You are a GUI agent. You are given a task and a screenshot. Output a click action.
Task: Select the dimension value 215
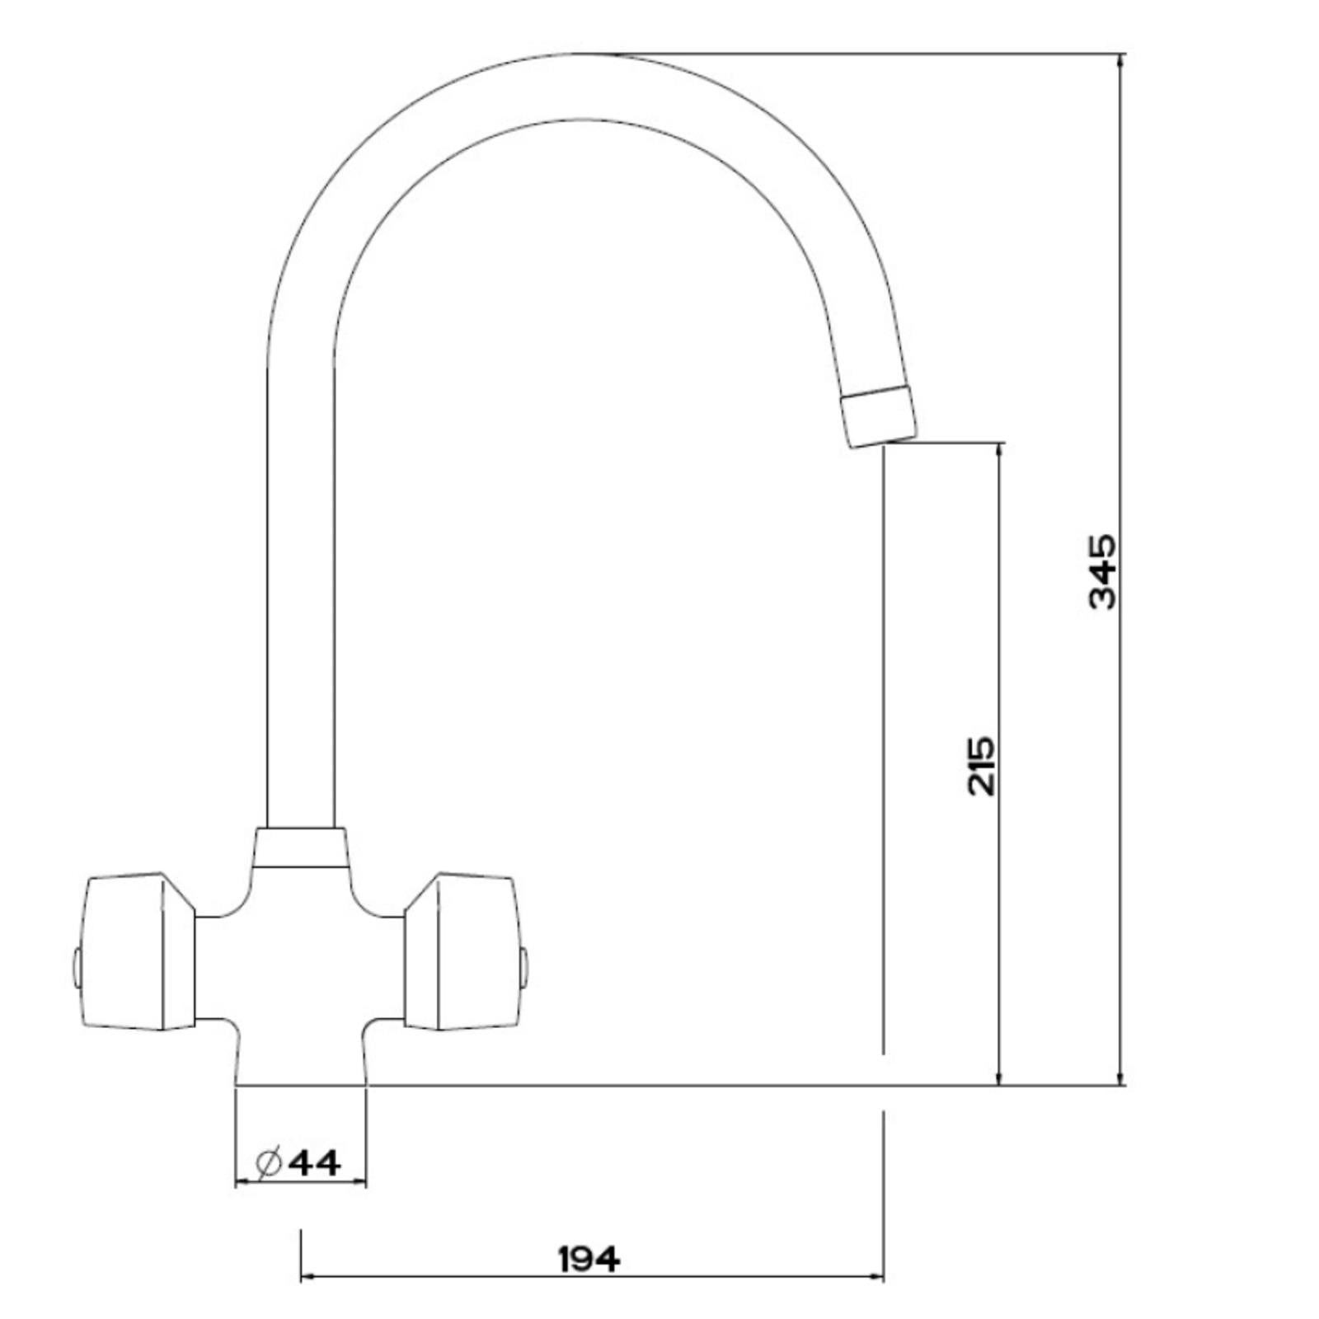click(981, 766)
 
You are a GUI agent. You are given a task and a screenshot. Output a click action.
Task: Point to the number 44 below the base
click(317, 1162)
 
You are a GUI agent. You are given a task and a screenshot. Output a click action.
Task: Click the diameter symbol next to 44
click(270, 1163)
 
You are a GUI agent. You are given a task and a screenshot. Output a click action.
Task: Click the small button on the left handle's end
click(77, 969)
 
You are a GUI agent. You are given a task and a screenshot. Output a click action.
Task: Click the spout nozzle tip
click(879, 416)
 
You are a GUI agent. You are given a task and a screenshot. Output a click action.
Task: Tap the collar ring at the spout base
click(300, 847)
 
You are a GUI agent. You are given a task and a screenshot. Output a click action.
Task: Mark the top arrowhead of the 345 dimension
click(1120, 59)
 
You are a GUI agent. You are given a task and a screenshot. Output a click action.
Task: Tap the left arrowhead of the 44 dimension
click(242, 1183)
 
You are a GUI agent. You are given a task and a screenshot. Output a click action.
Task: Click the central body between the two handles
click(300, 973)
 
